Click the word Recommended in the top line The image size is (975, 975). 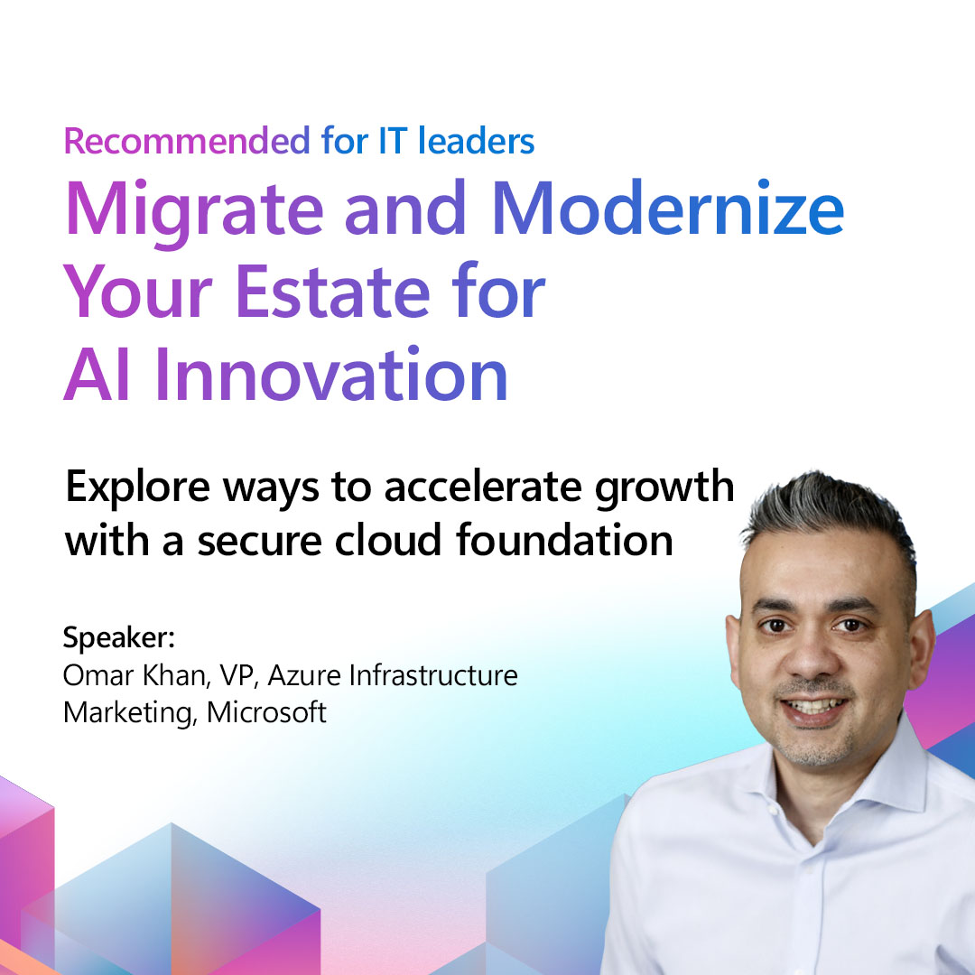[186, 141]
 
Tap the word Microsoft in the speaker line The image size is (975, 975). [266, 712]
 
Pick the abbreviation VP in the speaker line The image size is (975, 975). [227, 674]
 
